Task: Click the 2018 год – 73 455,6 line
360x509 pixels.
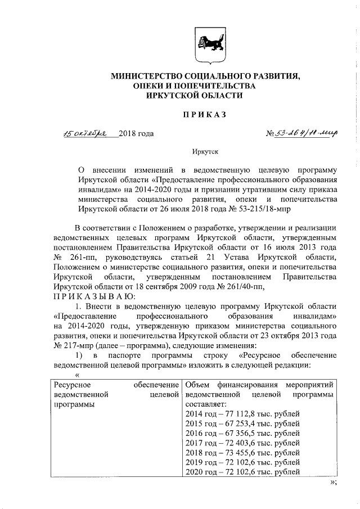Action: pyautogui.click(x=242, y=452)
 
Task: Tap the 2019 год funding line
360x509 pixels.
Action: pyautogui.click(x=242, y=462)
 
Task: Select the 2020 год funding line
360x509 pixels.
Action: pyautogui.click(x=242, y=471)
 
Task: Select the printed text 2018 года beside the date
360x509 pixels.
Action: pyautogui.click(x=136, y=133)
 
